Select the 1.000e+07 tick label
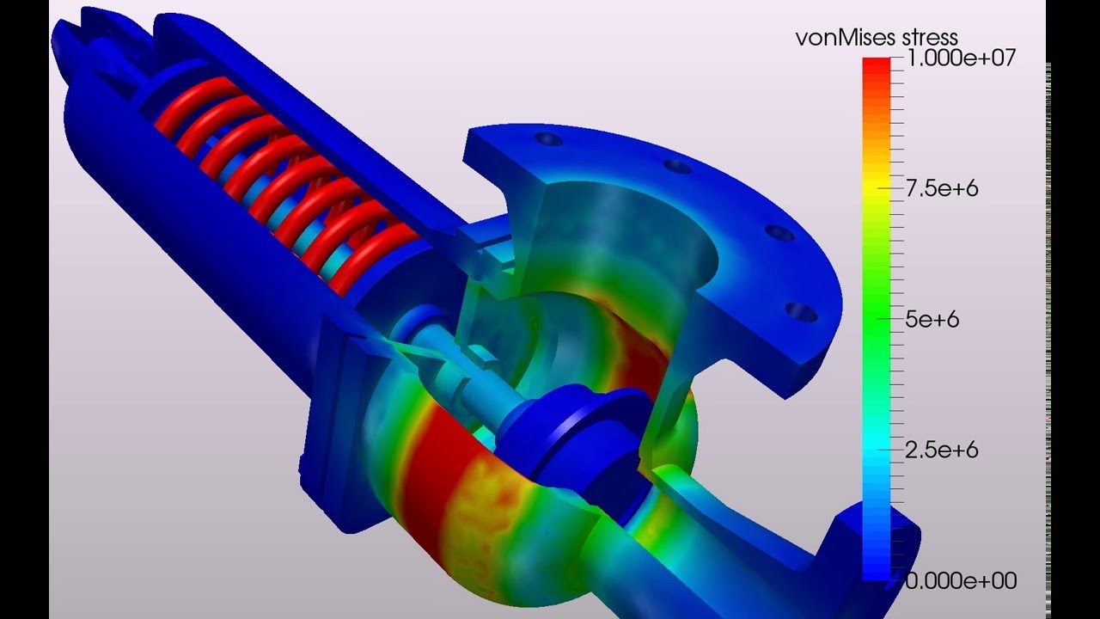[x=962, y=59]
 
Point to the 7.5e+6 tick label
[x=942, y=189]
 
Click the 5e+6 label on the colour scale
[x=932, y=320]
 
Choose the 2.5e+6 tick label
[x=942, y=450]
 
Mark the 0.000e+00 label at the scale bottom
[x=961, y=581]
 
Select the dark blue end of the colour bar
[x=876, y=563]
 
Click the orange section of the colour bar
[x=876, y=138]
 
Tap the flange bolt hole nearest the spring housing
[x=547, y=139]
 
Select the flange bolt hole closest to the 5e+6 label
[x=802, y=311]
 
